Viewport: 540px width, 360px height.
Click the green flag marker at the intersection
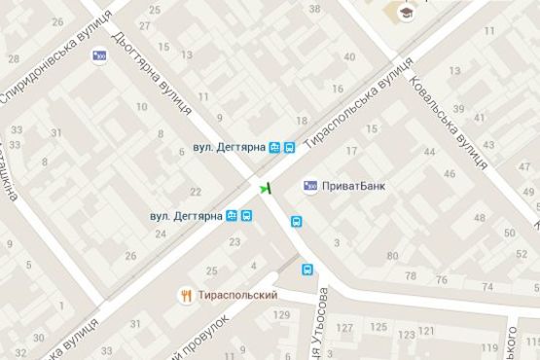(x=265, y=187)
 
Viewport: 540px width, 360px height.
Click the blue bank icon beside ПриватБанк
(x=311, y=184)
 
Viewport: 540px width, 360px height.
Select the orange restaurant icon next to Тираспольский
(x=185, y=295)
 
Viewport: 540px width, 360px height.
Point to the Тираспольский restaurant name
(x=237, y=295)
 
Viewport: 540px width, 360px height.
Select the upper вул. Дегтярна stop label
(x=229, y=148)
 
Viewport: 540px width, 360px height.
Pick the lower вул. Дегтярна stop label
(x=187, y=215)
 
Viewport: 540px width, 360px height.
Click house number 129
(x=283, y=314)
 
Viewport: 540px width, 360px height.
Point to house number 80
(x=392, y=257)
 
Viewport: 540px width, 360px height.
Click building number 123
(x=399, y=333)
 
